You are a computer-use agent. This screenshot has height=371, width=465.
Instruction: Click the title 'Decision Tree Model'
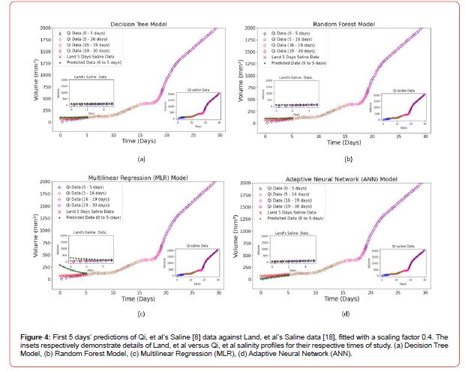(x=140, y=23)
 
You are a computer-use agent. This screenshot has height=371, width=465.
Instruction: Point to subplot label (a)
(x=140, y=159)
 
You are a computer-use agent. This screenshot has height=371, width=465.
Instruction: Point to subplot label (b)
(x=347, y=159)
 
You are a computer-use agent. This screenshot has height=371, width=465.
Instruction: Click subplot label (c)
(x=140, y=313)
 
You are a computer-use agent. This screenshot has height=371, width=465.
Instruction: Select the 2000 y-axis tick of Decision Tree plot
(x=49, y=28)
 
